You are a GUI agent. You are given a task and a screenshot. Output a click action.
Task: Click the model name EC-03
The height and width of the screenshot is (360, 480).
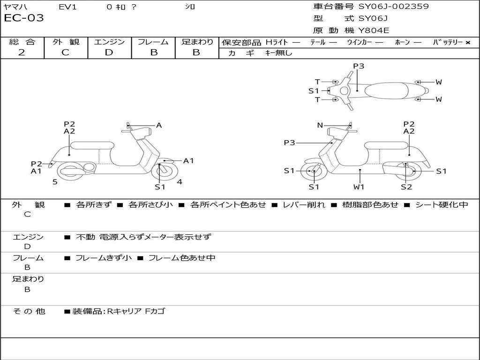[x=24, y=18]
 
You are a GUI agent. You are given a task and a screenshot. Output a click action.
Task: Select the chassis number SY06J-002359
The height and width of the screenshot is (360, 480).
[x=394, y=7]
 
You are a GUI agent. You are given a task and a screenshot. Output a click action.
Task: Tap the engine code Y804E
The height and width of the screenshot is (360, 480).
[x=374, y=31]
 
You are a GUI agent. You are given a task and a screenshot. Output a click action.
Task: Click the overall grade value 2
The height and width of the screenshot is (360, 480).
[x=22, y=52]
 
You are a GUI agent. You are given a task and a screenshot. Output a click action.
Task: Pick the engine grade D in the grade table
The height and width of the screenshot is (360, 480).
[x=109, y=52]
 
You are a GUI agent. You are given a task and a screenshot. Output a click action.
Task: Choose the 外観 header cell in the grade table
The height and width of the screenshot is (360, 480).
[x=66, y=42]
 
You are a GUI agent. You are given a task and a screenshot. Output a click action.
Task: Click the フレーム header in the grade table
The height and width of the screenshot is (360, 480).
[x=153, y=42]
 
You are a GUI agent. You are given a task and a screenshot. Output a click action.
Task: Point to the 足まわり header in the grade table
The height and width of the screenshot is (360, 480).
[x=197, y=42]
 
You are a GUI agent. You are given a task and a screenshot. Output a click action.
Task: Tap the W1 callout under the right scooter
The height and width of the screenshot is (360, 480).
[x=359, y=187]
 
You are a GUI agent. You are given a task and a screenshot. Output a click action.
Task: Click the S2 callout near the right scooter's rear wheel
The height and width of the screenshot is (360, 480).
[x=406, y=187]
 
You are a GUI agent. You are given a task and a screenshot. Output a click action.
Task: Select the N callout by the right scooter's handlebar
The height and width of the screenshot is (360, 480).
[x=320, y=125]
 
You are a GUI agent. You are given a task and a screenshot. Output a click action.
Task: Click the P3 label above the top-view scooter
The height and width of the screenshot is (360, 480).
[x=359, y=66]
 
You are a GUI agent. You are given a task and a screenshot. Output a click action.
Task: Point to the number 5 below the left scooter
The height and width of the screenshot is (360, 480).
[x=55, y=182]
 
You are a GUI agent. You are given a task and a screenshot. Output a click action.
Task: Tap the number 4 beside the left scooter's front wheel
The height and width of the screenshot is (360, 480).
[x=180, y=182]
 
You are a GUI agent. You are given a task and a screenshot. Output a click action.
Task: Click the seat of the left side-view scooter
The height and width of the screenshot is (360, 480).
[x=91, y=144]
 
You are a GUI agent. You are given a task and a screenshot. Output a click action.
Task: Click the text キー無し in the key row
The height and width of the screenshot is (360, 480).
[x=278, y=53]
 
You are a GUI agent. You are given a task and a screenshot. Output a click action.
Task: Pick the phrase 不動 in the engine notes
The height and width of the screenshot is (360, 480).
[x=85, y=237]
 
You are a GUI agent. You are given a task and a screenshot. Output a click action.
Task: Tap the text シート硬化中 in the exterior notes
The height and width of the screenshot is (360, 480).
[x=442, y=205]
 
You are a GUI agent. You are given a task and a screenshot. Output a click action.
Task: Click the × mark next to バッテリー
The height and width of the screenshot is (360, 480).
[x=468, y=42]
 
